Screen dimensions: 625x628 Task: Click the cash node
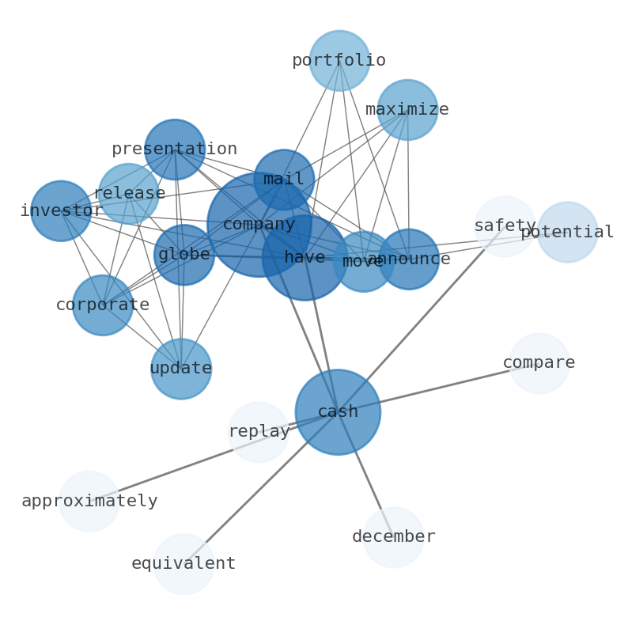pos(338,412)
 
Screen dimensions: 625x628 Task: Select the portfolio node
pos(339,61)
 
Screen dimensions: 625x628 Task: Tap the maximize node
pos(407,110)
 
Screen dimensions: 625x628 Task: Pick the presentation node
pos(175,150)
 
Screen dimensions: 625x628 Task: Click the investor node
pos(61,211)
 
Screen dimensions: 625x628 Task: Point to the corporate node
pos(103,305)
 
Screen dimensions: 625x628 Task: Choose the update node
pos(181,369)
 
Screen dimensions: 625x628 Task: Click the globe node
pos(184,255)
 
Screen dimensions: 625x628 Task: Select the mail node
pos(284,180)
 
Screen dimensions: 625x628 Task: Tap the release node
pos(128,194)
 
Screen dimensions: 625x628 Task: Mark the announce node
pos(409,259)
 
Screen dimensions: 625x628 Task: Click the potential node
pos(568,233)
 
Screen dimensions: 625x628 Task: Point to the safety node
pos(505,226)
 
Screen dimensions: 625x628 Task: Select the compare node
pos(539,363)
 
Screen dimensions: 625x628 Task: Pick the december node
pos(394,537)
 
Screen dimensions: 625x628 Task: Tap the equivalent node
pos(183,564)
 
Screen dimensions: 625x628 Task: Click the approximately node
pos(89,502)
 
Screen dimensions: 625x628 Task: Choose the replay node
pos(259,432)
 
